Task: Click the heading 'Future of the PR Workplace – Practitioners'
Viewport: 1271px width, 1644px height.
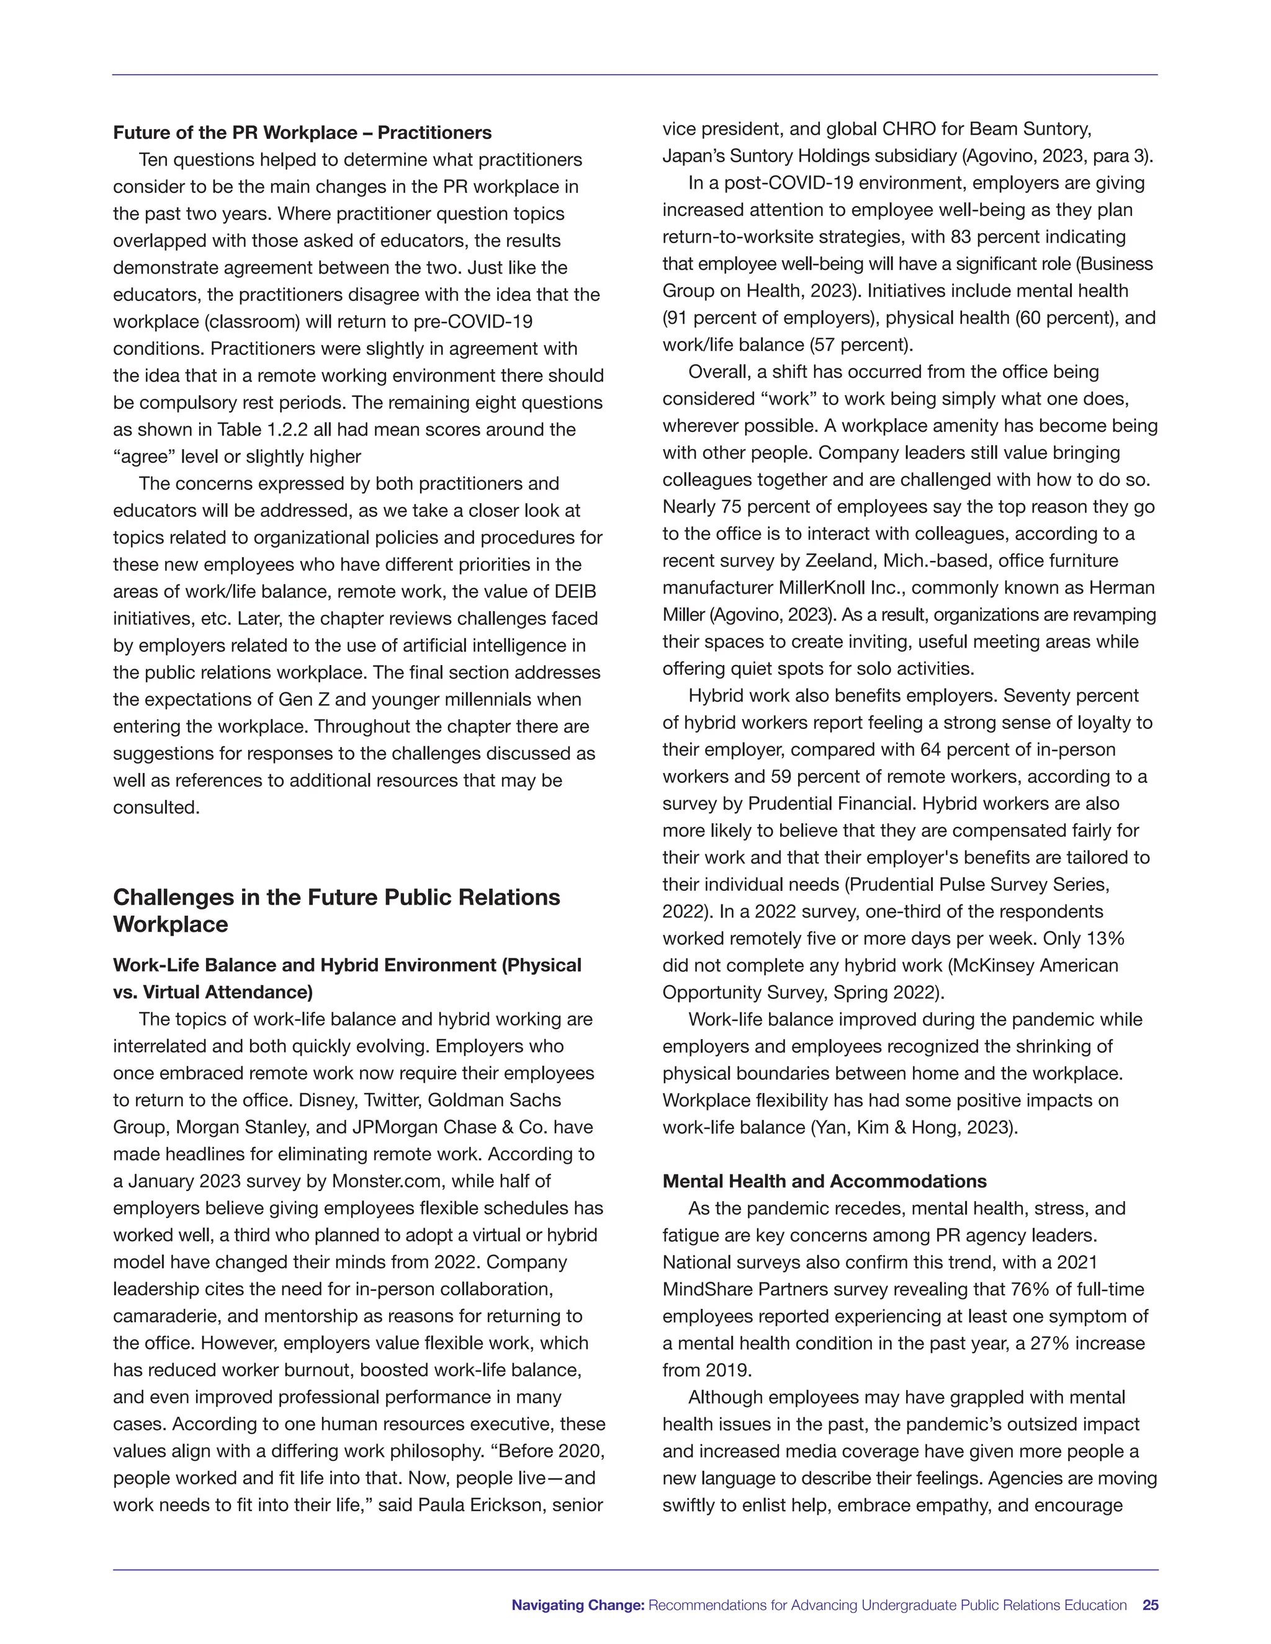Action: point(302,133)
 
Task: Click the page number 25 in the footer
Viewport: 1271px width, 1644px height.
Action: point(1150,1605)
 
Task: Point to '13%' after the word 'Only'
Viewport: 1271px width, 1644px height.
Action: point(1105,939)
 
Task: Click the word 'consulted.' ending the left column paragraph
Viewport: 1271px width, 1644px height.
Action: point(156,808)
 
